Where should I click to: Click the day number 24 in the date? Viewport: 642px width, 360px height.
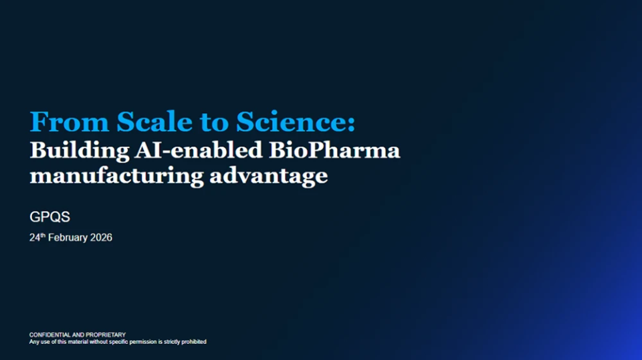[35, 238]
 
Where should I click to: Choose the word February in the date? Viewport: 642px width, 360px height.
[68, 238]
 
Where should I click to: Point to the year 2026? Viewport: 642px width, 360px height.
[100, 238]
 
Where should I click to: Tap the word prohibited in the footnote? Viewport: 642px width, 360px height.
[192, 342]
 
